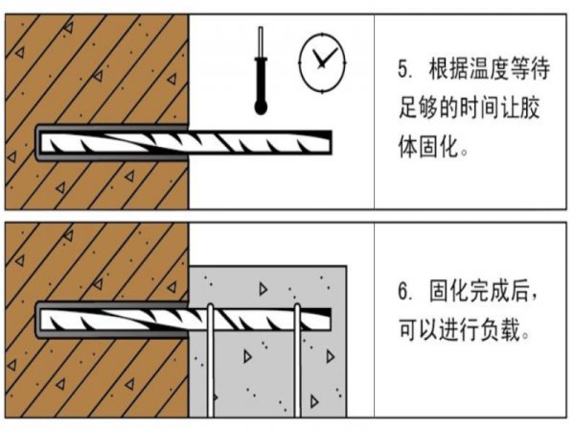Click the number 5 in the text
coord(402,70)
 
